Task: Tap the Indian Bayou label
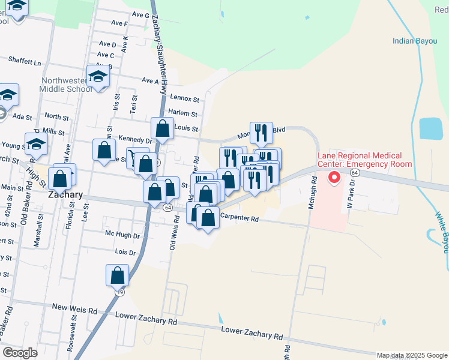tap(414, 41)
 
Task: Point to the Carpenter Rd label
tap(239, 220)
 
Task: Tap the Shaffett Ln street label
tap(25, 61)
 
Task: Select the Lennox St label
tap(184, 98)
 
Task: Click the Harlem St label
tap(184, 113)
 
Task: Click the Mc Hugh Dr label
tap(122, 235)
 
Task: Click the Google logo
tap(20, 353)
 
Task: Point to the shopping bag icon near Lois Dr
tap(118, 275)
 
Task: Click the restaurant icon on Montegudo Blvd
tap(261, 133)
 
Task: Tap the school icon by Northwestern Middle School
tap(97, 77)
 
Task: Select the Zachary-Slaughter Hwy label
tap(159, 48)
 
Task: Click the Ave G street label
tap(139, 15)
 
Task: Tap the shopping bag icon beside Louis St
tap(162, 128)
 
